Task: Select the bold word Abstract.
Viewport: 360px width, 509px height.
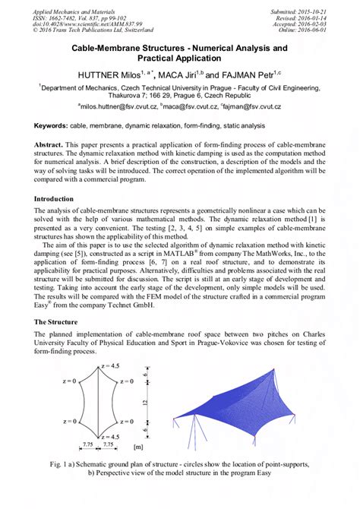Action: pos(53,144)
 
